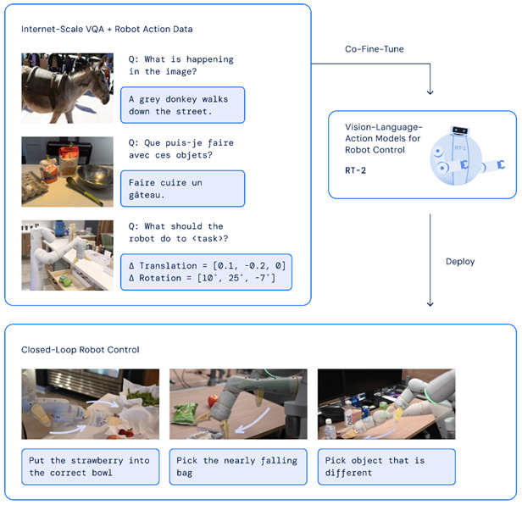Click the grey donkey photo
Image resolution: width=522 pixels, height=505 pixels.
point(68,88)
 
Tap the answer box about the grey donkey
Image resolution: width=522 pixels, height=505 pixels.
point(182,105)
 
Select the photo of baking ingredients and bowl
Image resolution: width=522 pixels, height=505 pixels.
point(68,172)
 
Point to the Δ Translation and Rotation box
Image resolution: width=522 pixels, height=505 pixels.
point(206,272)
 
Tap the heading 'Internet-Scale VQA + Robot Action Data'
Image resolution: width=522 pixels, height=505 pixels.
point(108,30)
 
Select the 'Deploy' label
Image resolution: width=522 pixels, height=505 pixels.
point(460,261)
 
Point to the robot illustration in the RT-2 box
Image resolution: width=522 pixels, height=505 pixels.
point(463,153)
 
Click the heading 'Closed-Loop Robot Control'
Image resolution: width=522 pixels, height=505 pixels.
point(81,349)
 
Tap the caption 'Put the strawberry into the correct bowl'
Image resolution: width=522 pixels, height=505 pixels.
point(91,466)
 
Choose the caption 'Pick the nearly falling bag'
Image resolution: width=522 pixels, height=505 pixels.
point(238,466)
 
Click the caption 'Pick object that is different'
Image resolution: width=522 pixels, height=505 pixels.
point(386,466)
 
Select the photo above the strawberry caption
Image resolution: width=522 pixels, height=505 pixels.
point(91,403)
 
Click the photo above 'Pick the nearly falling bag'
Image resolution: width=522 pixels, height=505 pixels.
point(238,403)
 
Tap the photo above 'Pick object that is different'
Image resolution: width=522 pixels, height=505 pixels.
point(386,403)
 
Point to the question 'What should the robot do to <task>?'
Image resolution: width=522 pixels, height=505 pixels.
point(180,231)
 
